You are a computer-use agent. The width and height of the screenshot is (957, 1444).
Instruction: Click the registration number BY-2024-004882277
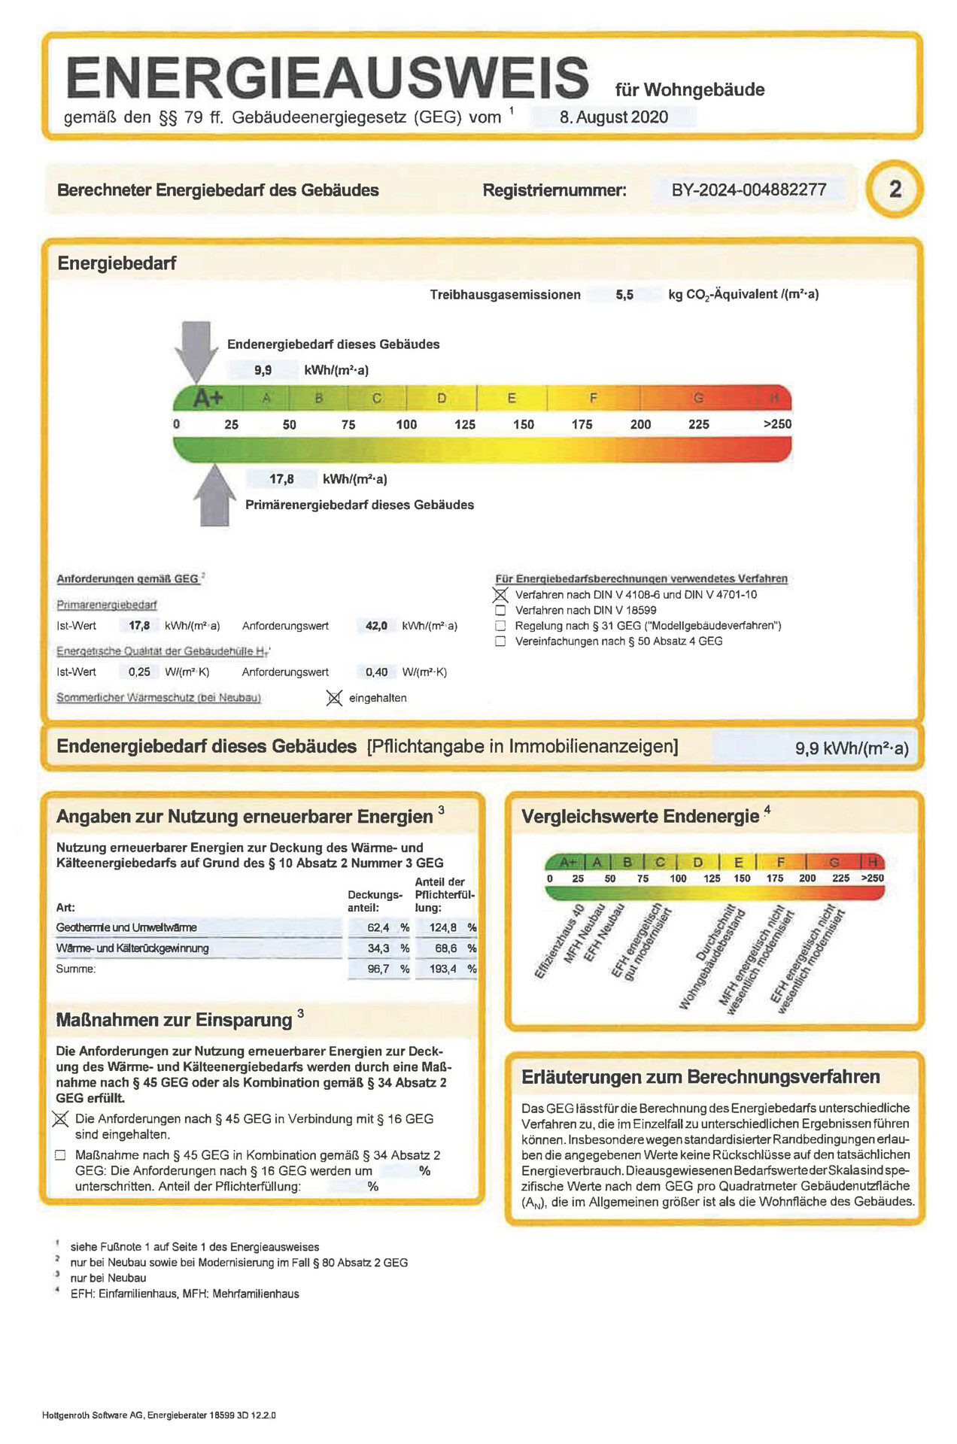[749, 190]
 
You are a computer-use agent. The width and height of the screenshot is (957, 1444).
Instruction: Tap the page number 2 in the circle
[895, 189]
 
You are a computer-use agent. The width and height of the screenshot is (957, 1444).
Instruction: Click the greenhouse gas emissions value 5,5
[624, 295]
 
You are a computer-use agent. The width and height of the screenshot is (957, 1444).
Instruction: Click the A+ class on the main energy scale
[208, 398]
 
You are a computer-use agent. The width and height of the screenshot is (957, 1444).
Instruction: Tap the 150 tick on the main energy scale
[523, 424]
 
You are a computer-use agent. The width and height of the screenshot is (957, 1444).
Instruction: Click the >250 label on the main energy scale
[777, 424]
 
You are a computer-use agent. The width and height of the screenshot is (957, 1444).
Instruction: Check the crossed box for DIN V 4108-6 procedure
[500, 595]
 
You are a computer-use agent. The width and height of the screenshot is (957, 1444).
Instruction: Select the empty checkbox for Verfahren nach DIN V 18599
[500, 611]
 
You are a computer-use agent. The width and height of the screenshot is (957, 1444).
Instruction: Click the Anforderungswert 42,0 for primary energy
[376, 626]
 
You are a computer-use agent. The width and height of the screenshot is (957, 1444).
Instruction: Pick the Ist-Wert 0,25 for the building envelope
[139, 672]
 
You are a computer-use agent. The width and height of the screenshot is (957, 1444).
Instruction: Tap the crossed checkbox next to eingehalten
[335, 698]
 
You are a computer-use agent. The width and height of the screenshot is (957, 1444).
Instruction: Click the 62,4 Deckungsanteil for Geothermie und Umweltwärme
[378, 927]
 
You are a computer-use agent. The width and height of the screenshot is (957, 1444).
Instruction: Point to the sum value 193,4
[443, 969]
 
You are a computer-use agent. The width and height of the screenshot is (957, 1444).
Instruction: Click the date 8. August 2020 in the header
[614, 117]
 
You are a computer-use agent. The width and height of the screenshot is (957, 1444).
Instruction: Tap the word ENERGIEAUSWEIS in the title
[328, 78]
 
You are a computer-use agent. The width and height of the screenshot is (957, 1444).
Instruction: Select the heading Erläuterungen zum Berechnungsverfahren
[700, 1077]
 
